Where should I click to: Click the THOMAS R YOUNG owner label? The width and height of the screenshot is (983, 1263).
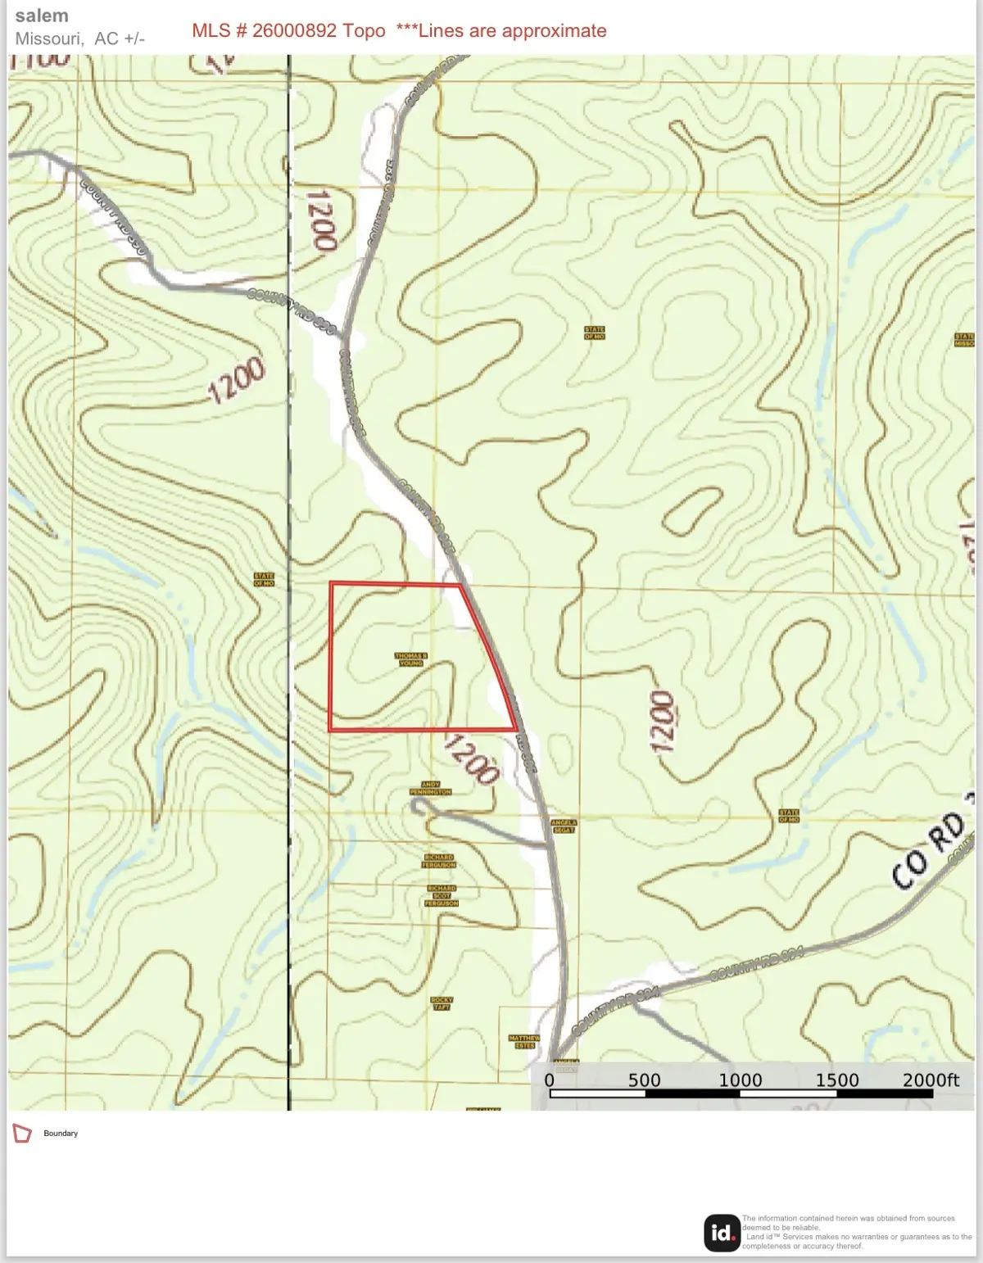(411, 659)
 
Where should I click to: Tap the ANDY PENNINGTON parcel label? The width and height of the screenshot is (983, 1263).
(431, 789)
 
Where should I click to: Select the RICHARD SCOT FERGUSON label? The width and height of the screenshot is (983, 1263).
(442, 895)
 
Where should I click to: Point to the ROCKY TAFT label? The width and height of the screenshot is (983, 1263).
(442, 1003)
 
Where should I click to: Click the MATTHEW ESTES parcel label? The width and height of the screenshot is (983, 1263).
(524, 1042)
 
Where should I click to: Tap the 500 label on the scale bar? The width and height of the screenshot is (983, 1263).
(644, 1080)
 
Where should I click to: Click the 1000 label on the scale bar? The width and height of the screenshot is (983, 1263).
(741, 1080)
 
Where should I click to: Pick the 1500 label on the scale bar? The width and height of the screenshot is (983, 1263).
(837, 1080)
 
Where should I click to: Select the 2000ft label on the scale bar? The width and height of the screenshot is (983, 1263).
(931, 1080)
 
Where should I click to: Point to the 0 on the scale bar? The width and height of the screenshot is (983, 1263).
(550, 1080)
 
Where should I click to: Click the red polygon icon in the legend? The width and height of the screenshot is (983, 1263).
(22, 1134)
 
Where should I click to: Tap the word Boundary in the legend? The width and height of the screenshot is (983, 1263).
(61, 1134)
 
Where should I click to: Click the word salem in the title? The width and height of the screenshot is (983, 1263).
(42, 16)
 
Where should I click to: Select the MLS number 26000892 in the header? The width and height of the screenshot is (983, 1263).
(294, 31)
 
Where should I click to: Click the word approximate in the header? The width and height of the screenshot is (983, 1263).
(554, 31)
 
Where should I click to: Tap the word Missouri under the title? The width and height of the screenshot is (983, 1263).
(48, 38)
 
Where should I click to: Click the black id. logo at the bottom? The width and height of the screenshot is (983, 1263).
(722, 1233)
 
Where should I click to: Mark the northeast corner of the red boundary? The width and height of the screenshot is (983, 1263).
(460, 584)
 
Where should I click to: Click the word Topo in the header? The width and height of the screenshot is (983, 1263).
(364, 31)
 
